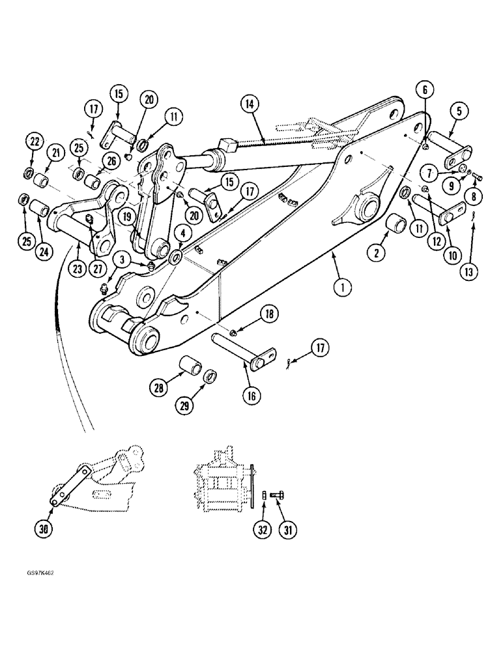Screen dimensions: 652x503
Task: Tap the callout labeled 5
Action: pos(459,111)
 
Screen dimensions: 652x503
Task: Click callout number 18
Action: pos(267,314)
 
